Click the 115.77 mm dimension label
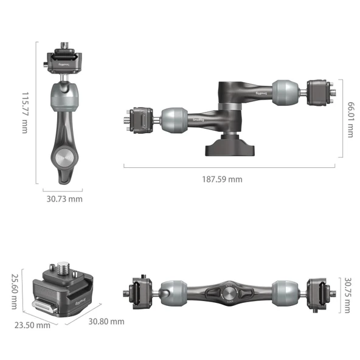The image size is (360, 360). (x=25, y=112)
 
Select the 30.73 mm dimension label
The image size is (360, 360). (x=64, y=199)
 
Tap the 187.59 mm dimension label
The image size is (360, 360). (x=222, y=179)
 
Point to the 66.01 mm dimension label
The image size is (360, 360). (x=350, y=119)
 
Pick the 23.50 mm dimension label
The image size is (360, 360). (x=32, y=325)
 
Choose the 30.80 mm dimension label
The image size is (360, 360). (x=106, y=321)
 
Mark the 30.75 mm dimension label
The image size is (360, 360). (x=347, y=296)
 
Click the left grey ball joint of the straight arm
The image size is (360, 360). (x=175, y=292)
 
